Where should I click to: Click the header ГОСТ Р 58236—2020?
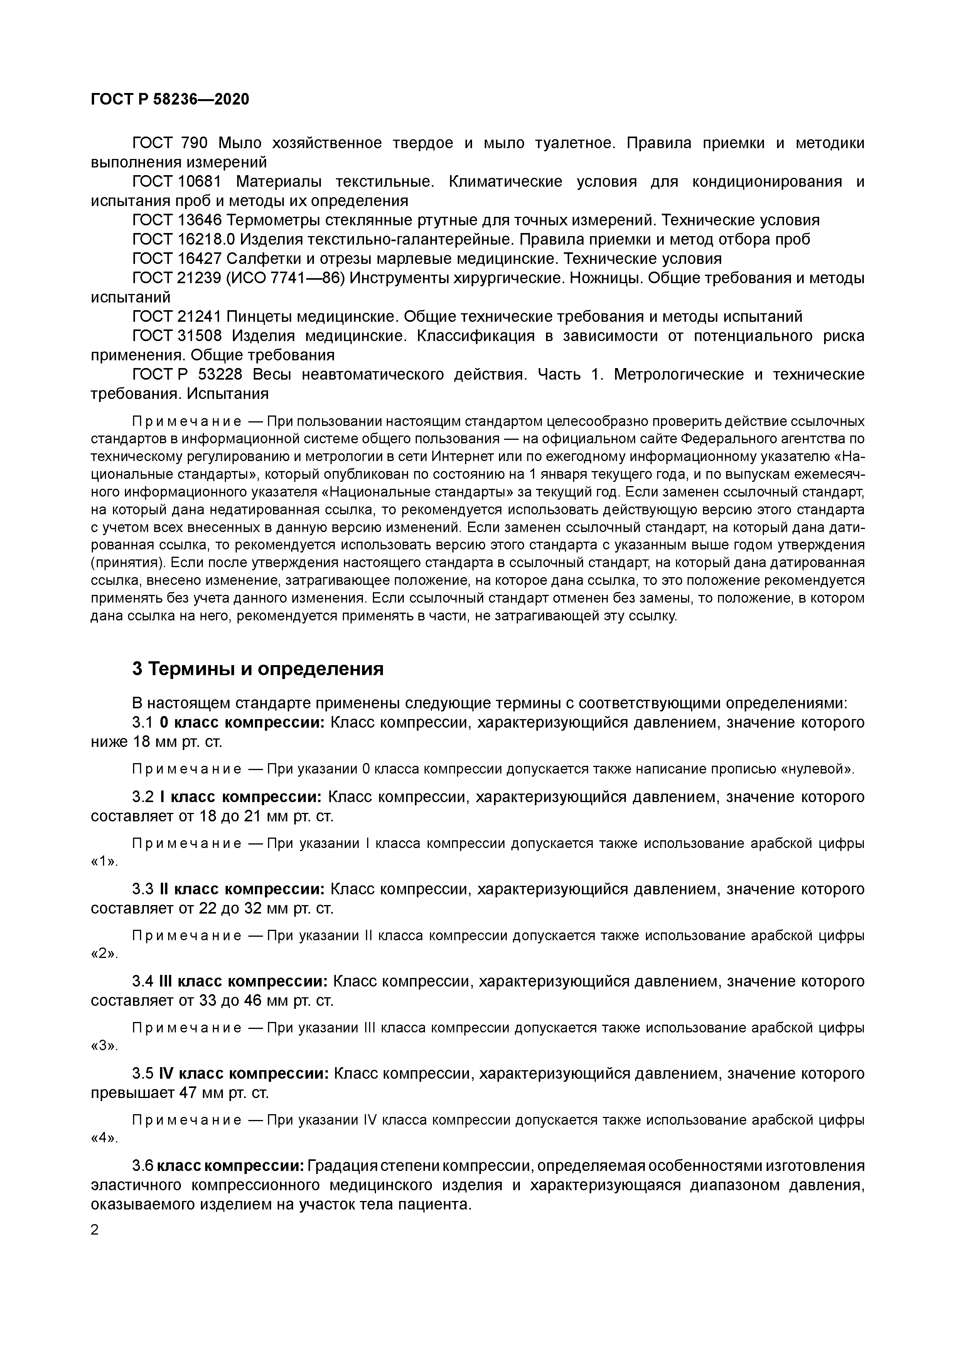click(170, 99)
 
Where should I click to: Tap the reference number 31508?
click(199, 336)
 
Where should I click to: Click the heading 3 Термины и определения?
click(257, 669)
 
